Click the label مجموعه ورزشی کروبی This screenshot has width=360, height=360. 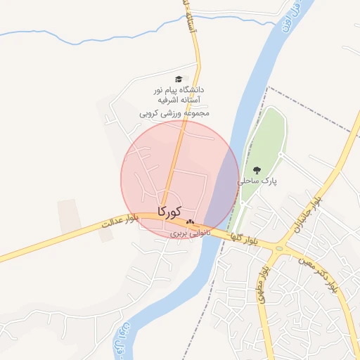pos(174,112)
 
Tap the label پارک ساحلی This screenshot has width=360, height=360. pos(259,181)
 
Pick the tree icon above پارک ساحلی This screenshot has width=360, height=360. pos(257,169)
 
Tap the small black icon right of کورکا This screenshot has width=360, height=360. pos(190,222)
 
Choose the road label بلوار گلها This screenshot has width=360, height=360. pos(242,237)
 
